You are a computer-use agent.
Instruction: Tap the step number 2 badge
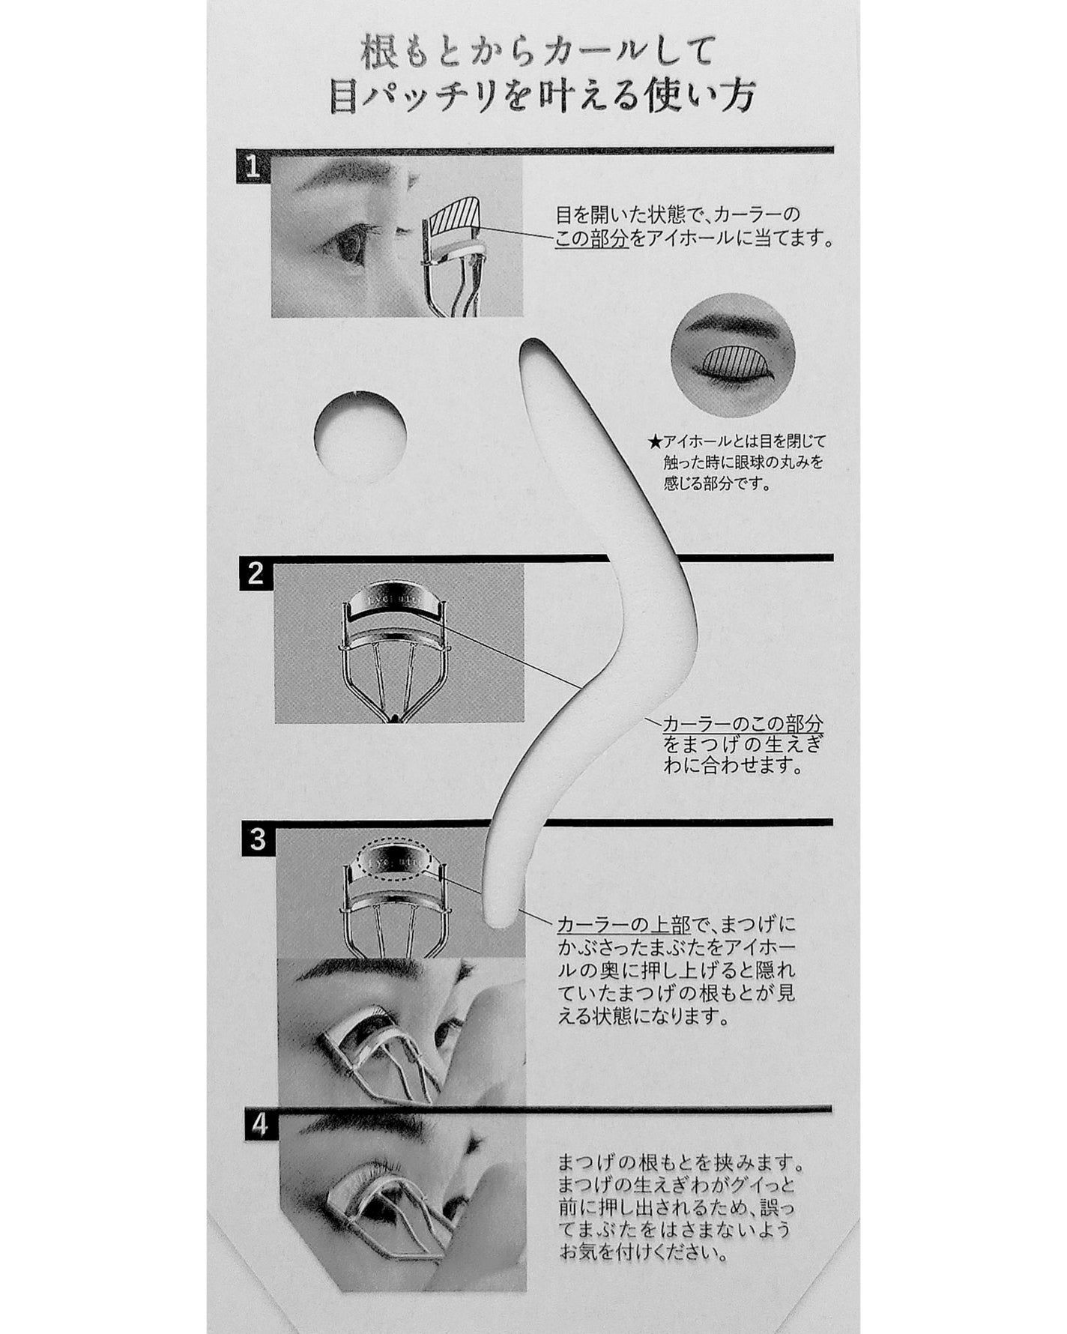255,574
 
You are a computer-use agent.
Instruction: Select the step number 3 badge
257,839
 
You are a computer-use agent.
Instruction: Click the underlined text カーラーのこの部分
743,725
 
